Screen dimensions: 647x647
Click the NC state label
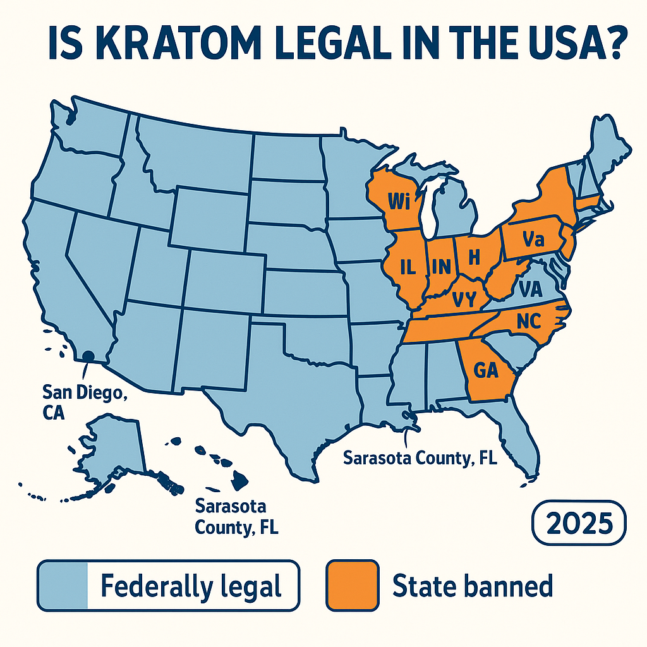point(528,322)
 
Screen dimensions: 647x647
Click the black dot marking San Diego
point(88,356)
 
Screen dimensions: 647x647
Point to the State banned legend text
point(472,586)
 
